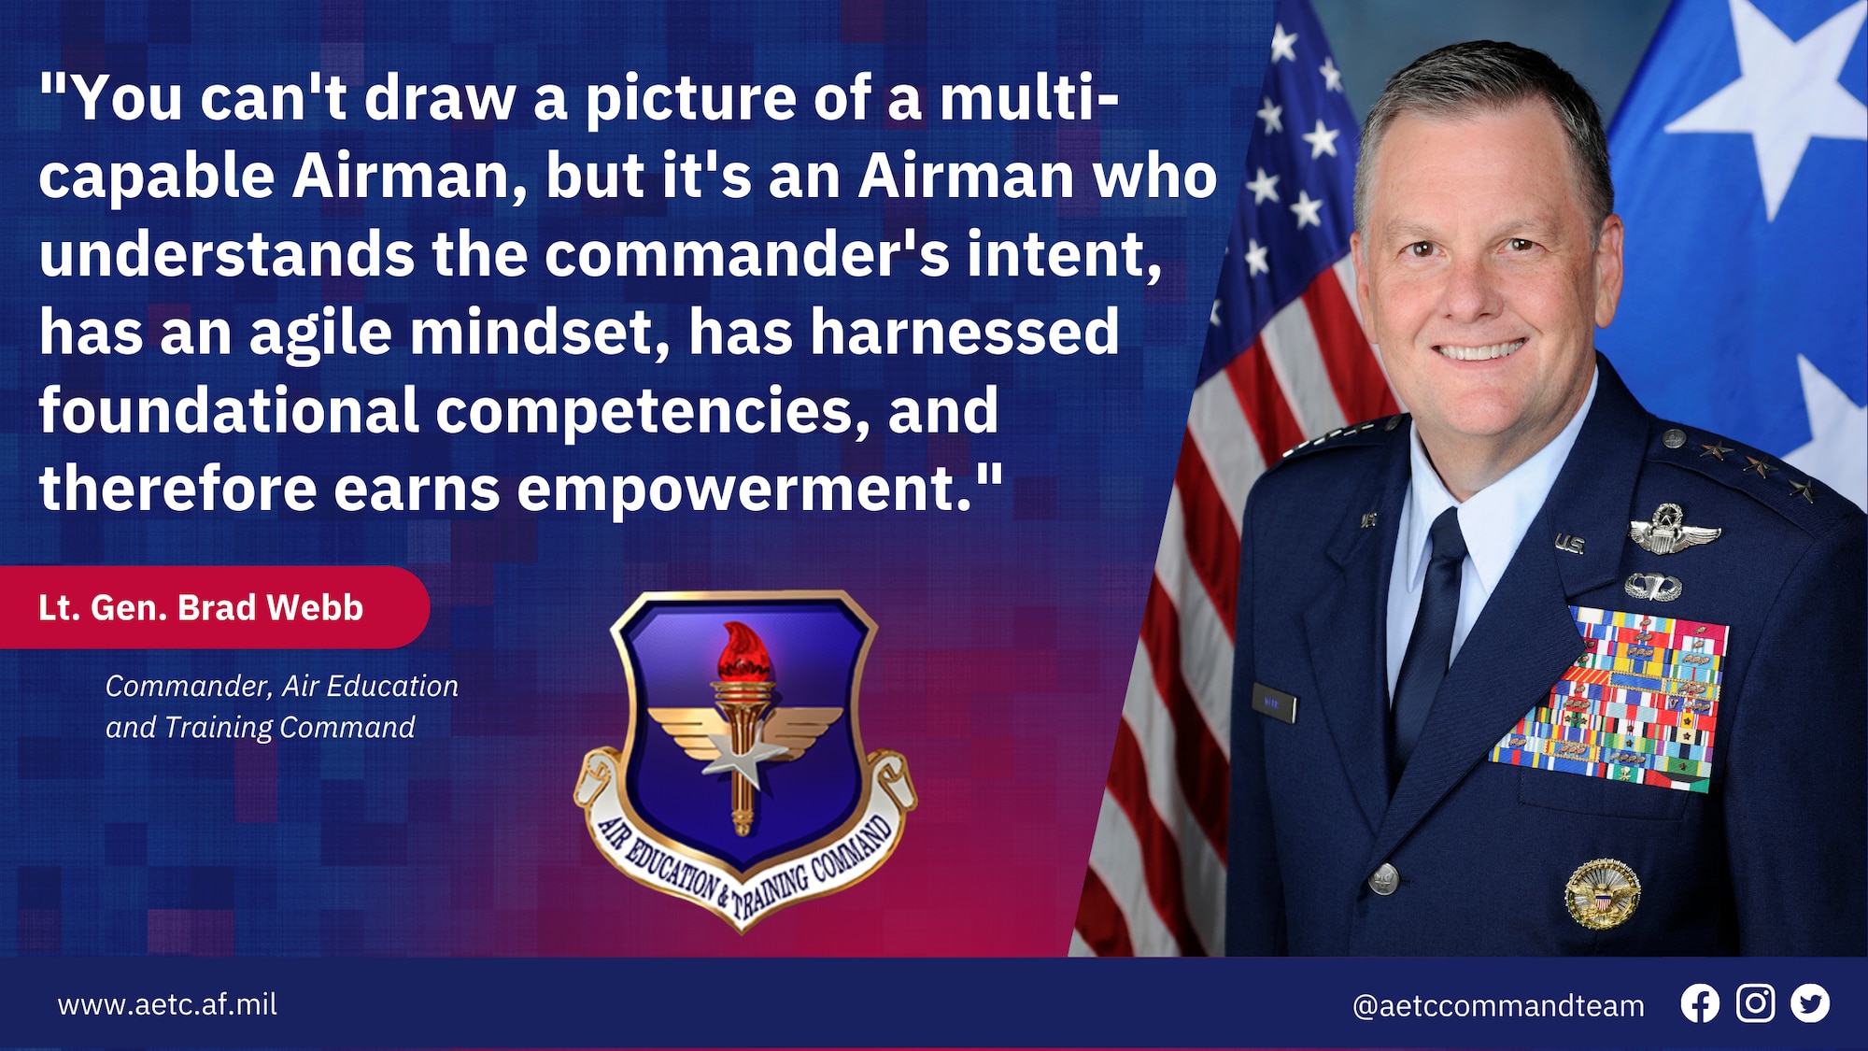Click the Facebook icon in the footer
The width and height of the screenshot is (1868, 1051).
(x=1700, y=1004)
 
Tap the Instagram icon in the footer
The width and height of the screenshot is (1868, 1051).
(x=1755, y=1003)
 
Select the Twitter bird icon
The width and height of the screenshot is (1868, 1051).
(x=1810, y=1004)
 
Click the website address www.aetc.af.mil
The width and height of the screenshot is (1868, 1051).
(x=167, y=1004)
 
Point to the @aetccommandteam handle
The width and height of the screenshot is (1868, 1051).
(x=1498, y=1006)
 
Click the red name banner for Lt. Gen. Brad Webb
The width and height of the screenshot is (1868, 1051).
(x=214, y=607)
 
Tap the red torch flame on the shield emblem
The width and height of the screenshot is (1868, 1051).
(x=744, y=652)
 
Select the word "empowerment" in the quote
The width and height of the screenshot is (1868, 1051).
(x=745, y=491)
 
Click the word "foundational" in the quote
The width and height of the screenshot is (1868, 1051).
(x=229, y=411)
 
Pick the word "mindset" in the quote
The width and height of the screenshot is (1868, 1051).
(x=540, y=333)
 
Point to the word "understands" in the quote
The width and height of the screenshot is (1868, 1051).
(x=227, y=254)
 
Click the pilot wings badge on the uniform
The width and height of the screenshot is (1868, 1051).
(x=1675, y=532)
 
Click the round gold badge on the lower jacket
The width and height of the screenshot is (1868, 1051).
(x=1603, y=894)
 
